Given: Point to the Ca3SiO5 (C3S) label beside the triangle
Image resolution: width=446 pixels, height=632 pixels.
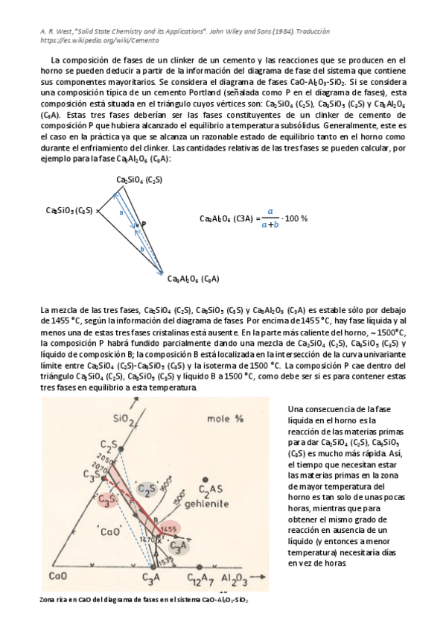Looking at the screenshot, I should [x=69, y=211].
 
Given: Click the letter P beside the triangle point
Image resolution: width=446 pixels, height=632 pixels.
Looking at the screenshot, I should [x=143, y=224].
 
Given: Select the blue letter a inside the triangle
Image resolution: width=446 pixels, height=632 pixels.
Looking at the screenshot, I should [x=121, y=212].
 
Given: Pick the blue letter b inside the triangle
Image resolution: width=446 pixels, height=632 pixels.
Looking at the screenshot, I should [x=142, y=250].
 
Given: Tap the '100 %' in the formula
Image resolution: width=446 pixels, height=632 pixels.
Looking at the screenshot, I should [x=296, y=218].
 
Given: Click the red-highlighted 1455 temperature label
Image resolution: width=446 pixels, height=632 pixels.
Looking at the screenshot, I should [x=168, y=528].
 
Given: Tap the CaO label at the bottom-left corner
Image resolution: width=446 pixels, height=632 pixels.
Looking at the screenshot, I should [x=59, y=575].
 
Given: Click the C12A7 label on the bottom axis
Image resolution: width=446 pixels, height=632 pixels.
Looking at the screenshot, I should [x=200, y=576].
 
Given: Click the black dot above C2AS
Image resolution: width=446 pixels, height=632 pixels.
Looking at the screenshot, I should [x=205, y=479].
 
